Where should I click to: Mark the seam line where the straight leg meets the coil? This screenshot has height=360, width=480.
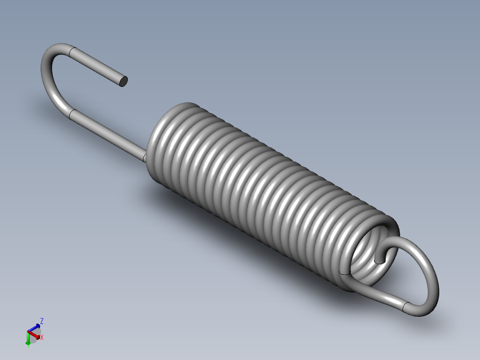145,157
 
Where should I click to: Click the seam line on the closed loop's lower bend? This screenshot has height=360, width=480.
405,306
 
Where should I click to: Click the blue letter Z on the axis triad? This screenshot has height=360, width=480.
42,321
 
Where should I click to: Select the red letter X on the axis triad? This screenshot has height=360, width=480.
42,338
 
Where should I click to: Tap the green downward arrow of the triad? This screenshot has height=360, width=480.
28,342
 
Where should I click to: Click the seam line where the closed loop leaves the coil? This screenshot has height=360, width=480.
344,272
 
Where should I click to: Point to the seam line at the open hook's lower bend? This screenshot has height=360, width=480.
71,115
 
